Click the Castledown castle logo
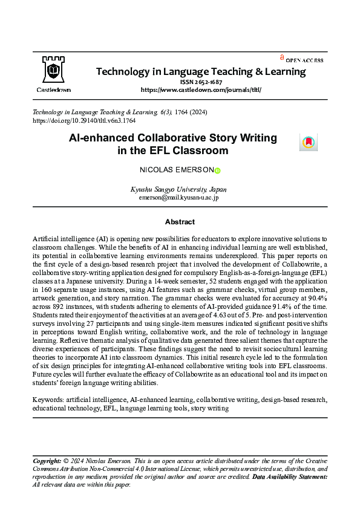[x=54, y=70]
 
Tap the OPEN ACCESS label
[x=304, y=60]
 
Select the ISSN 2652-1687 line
[x=200, y=82]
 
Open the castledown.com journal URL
[x=200, y=89]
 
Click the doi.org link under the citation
[x=83, y=121]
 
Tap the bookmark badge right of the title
[x=308, y=143]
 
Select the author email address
[x=178, y=197]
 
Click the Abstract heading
[x=180, y=222]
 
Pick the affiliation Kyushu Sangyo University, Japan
[x=178, y=189]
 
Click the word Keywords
[x=48, y=400]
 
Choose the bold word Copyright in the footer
[x=47, y=461]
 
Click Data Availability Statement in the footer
[x=290, y=477]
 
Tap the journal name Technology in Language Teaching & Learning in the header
[x=200, y=71]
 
